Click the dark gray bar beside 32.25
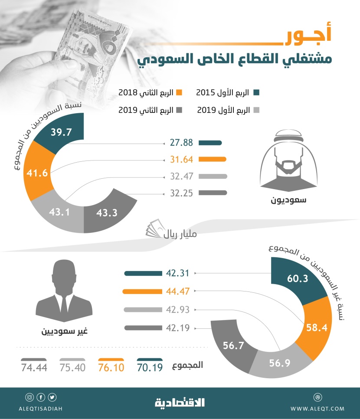(x=213, y=193)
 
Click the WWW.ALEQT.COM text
(x=317, y=409)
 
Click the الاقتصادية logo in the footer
(x=180, y=403)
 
